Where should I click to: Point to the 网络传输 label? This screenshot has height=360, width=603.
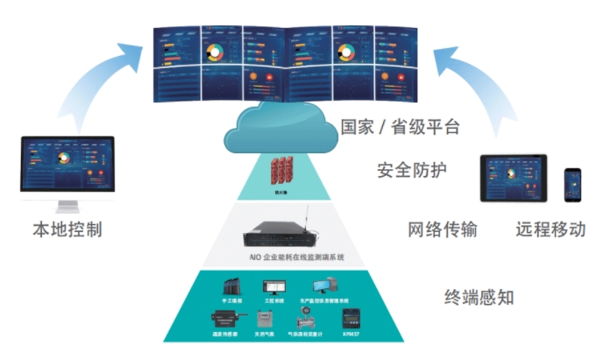tap(443, 230)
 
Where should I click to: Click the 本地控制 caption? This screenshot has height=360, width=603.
tap(67, 230)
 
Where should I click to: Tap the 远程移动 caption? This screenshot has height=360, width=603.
tap(550, 230)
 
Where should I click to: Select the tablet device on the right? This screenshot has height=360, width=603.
tap(513, 179)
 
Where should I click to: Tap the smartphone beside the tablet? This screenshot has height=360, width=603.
tap(573, 184)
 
